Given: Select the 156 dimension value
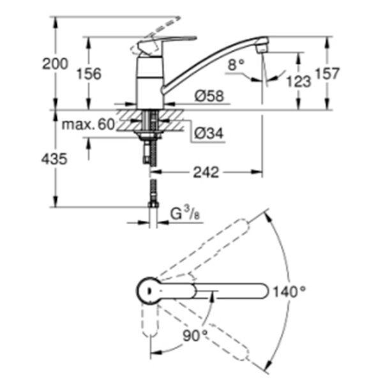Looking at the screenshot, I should point(89,73).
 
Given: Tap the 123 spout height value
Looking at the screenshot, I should point(299,81).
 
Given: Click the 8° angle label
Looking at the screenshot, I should point(236,64).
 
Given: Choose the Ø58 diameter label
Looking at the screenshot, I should point(207,96).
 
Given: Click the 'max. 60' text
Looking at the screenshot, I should point(87,124).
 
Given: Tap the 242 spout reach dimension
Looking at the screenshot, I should point(207,172).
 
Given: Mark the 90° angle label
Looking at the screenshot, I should point(195,335).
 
